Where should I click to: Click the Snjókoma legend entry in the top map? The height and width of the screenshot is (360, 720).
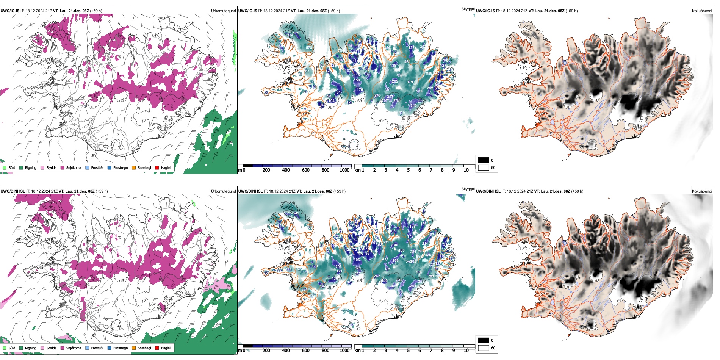pyautogui.click(x=74, y=167)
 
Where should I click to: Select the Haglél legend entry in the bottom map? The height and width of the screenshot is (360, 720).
pyautogui.click(x=165, y=348)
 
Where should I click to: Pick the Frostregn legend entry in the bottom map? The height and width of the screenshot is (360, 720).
pyautogui.click(x=120, y=348)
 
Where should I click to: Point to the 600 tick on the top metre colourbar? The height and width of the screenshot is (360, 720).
pyautogui.click(x=306, y=170)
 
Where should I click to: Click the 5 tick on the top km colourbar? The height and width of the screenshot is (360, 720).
pyautogui.click(x=408, y=170)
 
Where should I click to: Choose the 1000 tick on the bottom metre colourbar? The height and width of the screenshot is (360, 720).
pyautogui.click(x=344, y=351)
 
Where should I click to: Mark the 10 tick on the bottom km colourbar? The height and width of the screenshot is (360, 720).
pyautogui.click(x=466, y=351)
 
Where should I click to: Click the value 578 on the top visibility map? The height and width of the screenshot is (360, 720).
pyautogui.click(x=309, y=48)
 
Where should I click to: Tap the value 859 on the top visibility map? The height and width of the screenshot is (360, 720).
pyautogui.click(x=429, y=74)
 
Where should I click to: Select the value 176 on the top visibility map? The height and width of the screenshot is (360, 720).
pyautogui.click(x=360, y=90)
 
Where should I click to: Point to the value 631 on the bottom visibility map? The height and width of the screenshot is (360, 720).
pyautogui.click(x=386, y=242)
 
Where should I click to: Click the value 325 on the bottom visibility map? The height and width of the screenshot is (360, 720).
pyautogui.click(x=357, y=268)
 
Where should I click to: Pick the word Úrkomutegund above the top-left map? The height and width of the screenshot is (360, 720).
pyautogui.click(x=223, y=11)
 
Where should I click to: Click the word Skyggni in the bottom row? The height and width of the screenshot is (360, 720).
pyautogui.click(x=468, y=189)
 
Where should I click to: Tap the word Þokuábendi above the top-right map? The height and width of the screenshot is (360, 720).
pyautogui.click(x=702, y=11)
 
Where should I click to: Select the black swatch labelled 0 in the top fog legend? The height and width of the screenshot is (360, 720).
pyautogui.click(x=484, y=160)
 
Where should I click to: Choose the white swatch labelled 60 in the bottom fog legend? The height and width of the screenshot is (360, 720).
pyautogui.click(x=484, y=348)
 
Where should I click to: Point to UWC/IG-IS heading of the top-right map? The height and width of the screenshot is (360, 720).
pyautogui.click(x=485, y=11)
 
